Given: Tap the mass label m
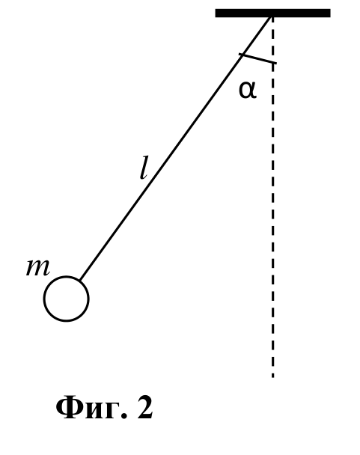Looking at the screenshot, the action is [x=38, y=268].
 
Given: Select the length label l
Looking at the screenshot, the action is [x=144, y=168].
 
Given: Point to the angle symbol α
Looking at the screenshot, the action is [x=248, y=90].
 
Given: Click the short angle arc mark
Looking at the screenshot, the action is [x=257, y=58].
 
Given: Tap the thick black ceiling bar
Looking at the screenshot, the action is [x=273, y=13].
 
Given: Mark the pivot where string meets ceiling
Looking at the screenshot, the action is [x=272, y=16].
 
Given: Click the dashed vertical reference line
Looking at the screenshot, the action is [x=272, y=198].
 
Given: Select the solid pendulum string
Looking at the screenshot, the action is [x=176, y=148].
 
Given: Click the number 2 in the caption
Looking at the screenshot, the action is [x=145, y=408].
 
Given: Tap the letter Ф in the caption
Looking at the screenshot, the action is [x=69, y=407].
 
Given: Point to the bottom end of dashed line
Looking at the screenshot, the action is [x=272, y=377].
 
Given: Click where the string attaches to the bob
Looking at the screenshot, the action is [x=80, y=281].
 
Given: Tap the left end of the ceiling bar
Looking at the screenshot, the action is [x=216, y=13].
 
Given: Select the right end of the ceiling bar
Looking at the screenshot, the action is [x=330, y=13].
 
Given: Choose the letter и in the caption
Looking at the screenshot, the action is [x=92, y=411].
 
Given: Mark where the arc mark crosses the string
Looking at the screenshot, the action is [x=243, y=55].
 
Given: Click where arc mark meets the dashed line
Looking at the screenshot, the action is [x=272, y=62].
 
